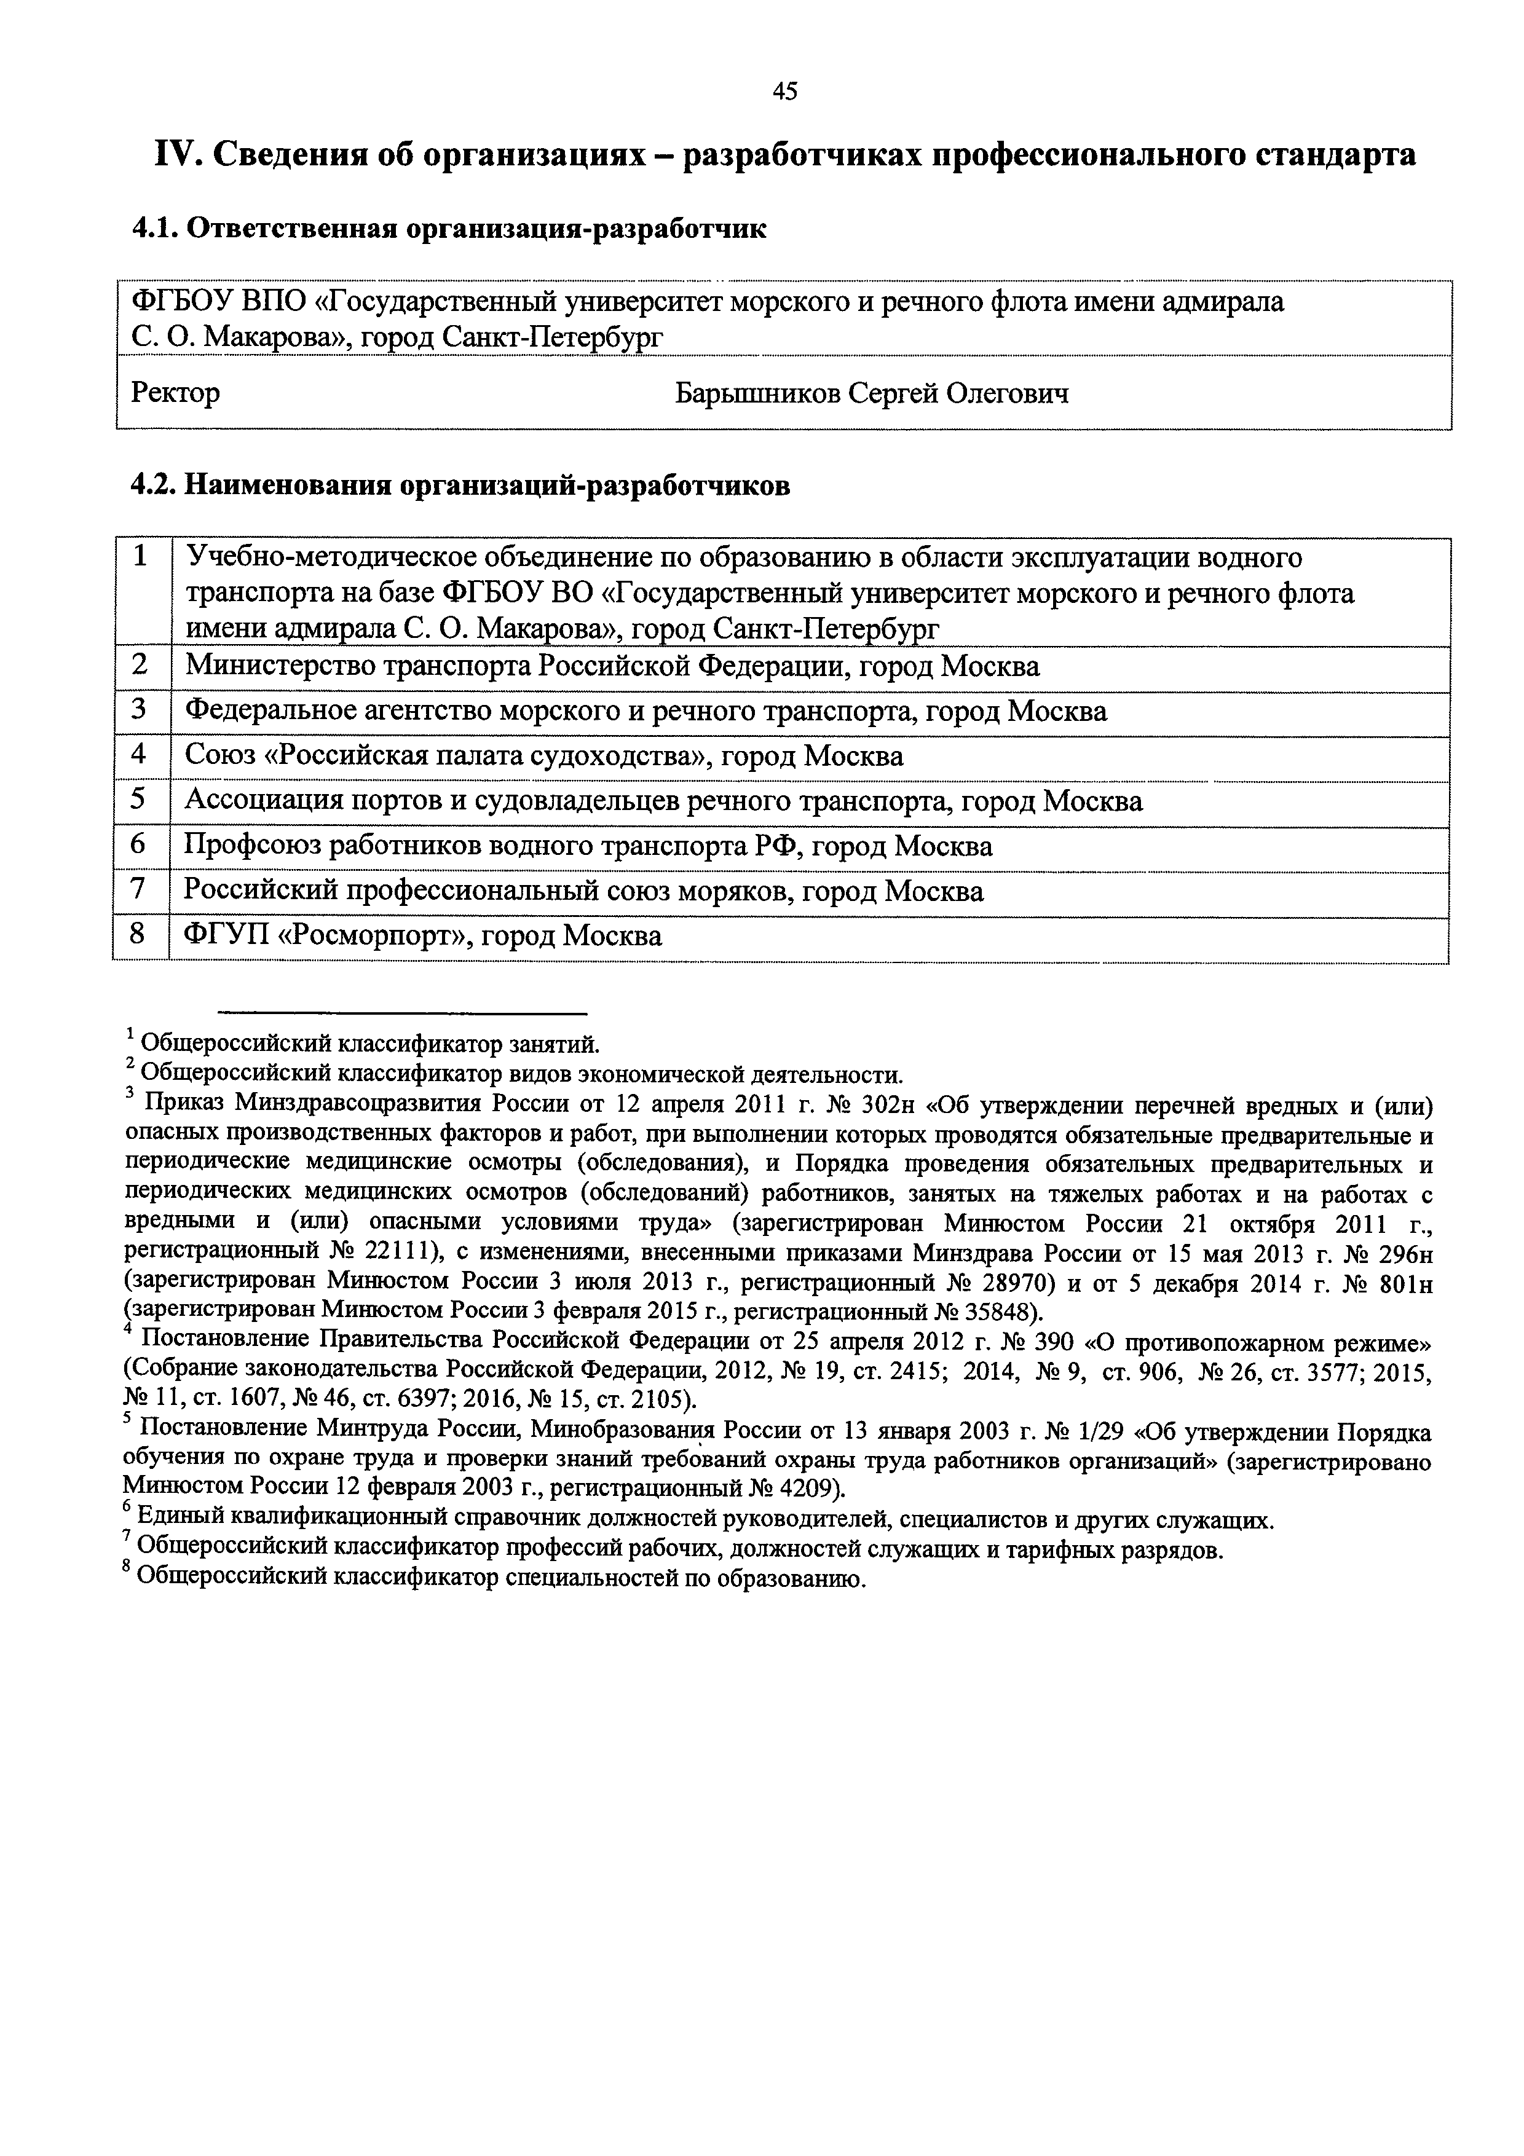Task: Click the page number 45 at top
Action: (x=785, y=91)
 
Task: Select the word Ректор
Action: (x=176, y=393)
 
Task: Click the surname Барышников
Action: (x=758, y=393)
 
